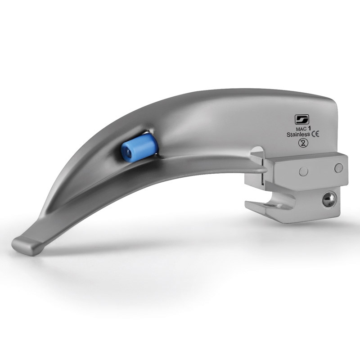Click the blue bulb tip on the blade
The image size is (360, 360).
click(x=139, y=148)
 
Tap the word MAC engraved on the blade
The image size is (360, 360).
click(x=301, y=130)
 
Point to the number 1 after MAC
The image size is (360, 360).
click(x=310, y=128)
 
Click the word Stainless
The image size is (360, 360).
click(x=298, y=135)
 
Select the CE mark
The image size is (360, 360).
click(x=315, y=134)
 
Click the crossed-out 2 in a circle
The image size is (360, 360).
click(x=303, y=143)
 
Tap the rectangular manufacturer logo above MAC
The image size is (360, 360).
click(x=302, y=119)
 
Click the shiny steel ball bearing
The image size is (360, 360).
click(x=329, y=199)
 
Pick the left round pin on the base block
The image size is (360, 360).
click(x=303, y=171)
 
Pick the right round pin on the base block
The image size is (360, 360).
click(x=339, y=168)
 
